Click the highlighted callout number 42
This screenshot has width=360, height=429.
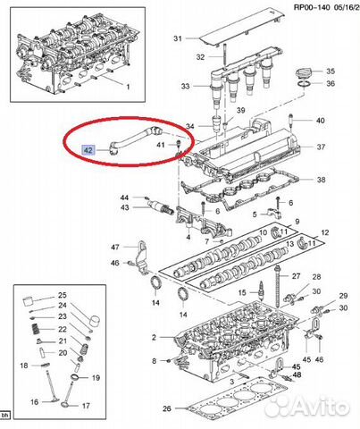click(88, 150)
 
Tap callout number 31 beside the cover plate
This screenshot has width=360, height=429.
click(178, 38)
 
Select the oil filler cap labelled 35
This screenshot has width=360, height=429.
click(303, 73)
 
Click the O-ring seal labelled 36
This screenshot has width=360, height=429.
click(303, 84)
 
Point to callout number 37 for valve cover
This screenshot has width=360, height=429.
click(321, 147)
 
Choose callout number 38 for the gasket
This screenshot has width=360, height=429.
click(321, 180)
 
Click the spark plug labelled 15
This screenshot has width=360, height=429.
click(262, 290)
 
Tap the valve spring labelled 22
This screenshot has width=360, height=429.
click(36, 330)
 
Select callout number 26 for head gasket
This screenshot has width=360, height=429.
click(167, 408)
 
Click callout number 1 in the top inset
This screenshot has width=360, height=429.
click(128, 87)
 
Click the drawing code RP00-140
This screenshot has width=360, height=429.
click(312, 7)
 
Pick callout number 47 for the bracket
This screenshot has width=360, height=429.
click(115, 247)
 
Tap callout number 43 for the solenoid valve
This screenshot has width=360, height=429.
click(125, 207)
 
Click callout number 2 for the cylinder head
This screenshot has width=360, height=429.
click(154, 337)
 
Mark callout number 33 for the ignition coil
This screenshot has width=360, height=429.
click(185, 87)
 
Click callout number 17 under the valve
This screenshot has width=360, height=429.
click(86, 406)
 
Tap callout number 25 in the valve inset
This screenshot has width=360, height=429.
click(63, 295)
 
